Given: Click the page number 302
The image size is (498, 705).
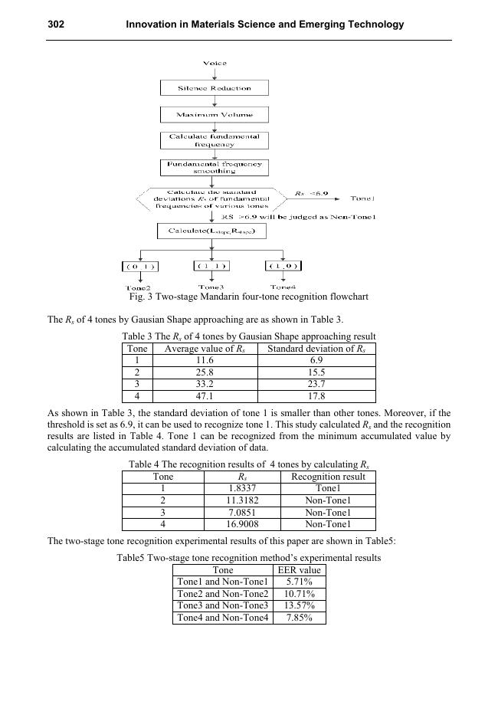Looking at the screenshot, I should tap(56, 25).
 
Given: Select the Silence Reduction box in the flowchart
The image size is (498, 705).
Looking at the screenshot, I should tap(215, 88).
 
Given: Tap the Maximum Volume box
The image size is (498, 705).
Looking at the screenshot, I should tap(215, 115).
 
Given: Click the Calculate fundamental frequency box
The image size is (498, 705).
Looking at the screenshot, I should tap(215, 140).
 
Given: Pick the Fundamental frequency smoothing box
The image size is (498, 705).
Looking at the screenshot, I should tap(215, 167).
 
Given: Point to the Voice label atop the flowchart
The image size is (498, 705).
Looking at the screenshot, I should tap(215, 63).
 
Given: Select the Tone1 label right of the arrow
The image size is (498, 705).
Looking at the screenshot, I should tap(362, 198).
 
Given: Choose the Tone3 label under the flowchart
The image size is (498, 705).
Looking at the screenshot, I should tap(210, 286).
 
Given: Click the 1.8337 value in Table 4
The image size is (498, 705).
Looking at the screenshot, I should tap(242, 488).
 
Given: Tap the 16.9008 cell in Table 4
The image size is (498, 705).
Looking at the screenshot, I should tap(242, 525).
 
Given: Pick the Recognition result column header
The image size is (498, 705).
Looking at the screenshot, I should tap(328, 476).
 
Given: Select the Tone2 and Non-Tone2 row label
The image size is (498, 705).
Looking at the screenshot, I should tap(222, 594).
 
